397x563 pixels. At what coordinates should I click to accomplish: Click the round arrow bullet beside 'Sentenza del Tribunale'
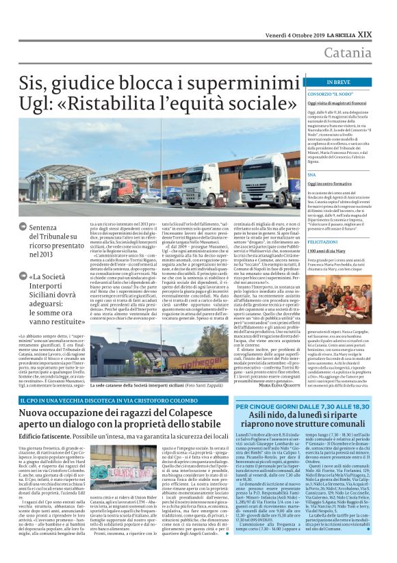[24, 226]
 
